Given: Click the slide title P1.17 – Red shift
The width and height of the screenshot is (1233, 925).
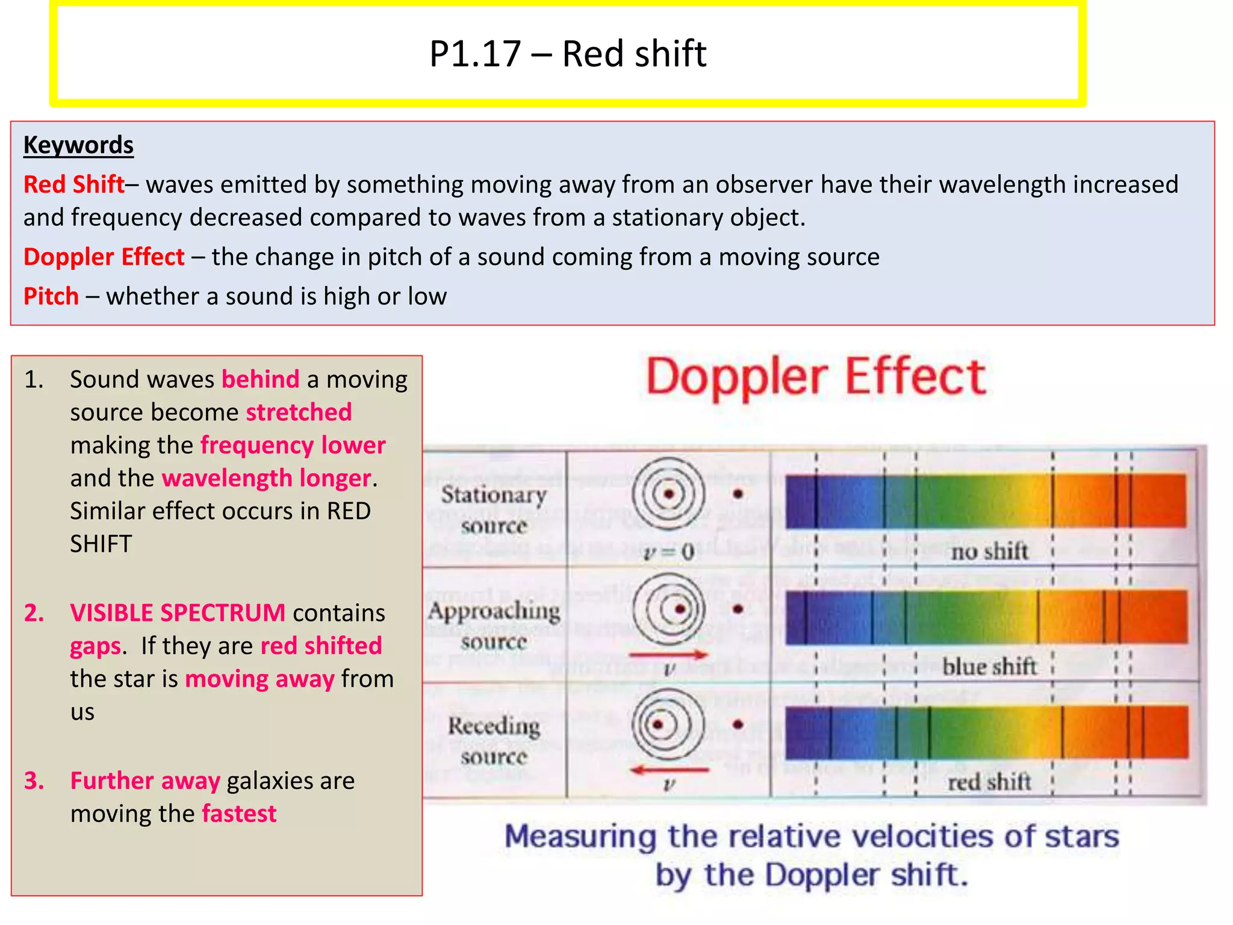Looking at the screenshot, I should (x=567, y=54).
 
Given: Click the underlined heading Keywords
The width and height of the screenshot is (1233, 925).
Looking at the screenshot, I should (x=78, y=145).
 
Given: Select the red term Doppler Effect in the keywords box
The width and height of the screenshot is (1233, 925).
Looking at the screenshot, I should (x=104, y=257).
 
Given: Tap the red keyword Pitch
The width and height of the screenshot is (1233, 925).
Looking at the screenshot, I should (x=51, y=296).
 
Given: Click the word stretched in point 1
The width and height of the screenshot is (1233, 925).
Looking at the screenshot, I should (x=299, y=413).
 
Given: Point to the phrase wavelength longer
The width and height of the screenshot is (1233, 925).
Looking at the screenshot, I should (x=266, y=478).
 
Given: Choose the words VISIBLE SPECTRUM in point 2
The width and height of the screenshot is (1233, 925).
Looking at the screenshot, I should (x=178, y=613).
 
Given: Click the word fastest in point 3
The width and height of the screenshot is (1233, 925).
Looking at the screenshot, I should (x=239, y=814).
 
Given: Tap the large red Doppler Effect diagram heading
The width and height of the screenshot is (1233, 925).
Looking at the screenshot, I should (x=815, y=377).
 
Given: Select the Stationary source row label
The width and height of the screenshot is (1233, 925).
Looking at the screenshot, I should (x=494, y=509).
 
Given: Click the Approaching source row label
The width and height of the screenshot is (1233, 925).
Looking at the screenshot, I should (x=494, y=625).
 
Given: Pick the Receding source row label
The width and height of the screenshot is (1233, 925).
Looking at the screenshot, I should (x=494, y=741).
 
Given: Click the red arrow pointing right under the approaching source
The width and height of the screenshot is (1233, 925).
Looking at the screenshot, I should (x=668, y=655).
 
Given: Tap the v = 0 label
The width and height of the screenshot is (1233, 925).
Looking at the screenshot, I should (x=669, y=552).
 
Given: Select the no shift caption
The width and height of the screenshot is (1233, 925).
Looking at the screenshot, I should (x=989, y=551).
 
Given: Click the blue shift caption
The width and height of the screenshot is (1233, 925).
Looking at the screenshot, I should (x=989, y=667).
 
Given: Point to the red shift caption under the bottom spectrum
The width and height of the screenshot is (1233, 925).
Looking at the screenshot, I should (x=989, y=782).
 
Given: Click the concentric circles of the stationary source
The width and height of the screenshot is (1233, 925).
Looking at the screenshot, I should (x=668, y=494).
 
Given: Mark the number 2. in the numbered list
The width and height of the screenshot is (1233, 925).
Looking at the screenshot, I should (x=34, y=613).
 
